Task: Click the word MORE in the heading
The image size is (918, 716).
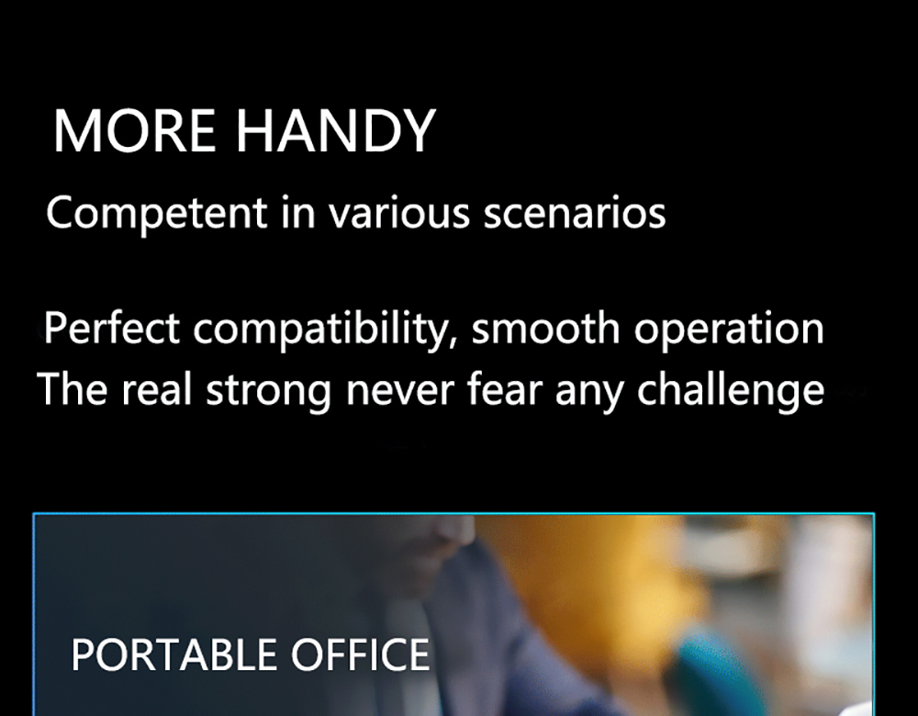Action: pos(135,130)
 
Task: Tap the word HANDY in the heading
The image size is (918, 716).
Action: pos(335,130)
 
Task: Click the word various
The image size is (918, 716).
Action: pos(398,212)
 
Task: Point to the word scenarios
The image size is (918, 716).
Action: pos(575,214)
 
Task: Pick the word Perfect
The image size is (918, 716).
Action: pos(112,328)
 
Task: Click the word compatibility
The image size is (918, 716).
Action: pos(322,330)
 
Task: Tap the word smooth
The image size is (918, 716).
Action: pos(545,328)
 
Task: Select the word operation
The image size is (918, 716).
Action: pos(729,330)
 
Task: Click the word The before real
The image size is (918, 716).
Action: pos(72,388)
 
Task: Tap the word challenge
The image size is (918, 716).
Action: pos(731,390)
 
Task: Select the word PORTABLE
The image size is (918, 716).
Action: pos(174,655)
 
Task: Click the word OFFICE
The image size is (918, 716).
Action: pos(360,655)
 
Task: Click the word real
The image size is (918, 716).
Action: pos(156,388)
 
